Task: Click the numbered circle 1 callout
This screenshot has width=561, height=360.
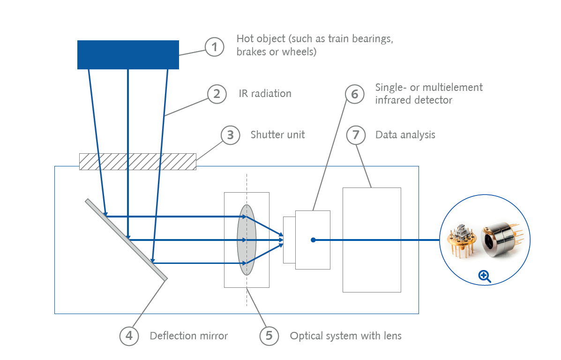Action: tap(215, 47)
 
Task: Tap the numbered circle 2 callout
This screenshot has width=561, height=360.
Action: tap(217, 94)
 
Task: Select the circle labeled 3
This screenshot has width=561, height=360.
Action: tap(230, 135)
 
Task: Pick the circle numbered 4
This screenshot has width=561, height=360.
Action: tap(129, 336)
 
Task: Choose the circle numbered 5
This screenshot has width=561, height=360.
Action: tap(269, 336)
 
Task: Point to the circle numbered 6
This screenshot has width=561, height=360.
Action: tap(355, 94)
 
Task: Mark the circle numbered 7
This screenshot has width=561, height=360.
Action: tap(356, 135)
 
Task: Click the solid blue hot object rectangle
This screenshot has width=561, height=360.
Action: tap(128, 55)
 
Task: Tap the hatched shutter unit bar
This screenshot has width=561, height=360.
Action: tap(137, 161)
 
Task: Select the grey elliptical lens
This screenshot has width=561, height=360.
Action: tap(247, 240)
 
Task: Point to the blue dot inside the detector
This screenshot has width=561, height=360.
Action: tap(313, 240)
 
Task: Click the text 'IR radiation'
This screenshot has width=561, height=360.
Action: tap(265, 94)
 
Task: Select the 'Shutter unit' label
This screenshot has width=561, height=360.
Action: tap(277, 135)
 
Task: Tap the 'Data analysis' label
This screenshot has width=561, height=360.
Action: tap(405, 135)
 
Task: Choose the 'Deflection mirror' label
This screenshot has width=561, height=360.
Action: tap(188, 336)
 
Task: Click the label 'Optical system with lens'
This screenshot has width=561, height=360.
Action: tap(345, 336)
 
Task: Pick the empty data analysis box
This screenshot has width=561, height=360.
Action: tap(372, 240)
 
